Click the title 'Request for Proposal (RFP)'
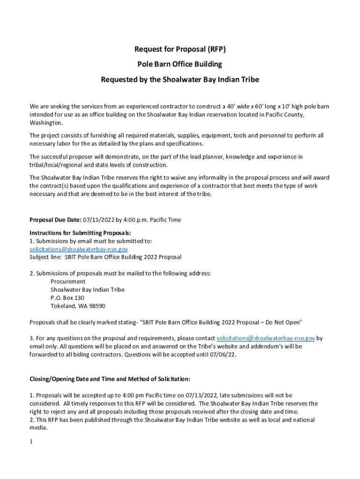point(180,49)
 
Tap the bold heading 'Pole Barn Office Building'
point(180,64)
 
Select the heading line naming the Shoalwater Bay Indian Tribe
point(180,80)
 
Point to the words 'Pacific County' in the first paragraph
point(285,115)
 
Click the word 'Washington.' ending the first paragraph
point(46,123)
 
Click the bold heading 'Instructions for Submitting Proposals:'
point(80,233)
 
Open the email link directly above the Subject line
point(79,249)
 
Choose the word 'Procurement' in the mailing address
point(68,282)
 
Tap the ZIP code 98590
point(96,306)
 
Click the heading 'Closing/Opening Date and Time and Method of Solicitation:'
point(110,379)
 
